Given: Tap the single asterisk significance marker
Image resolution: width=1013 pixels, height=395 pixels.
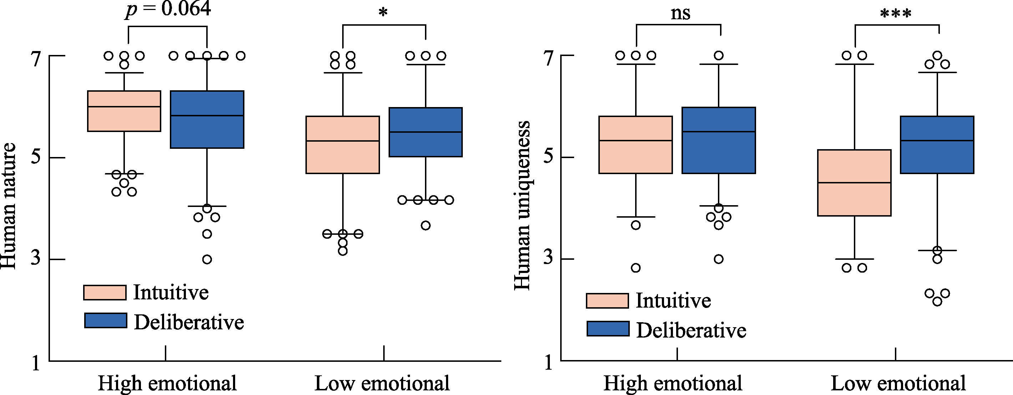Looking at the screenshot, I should pos(383,12).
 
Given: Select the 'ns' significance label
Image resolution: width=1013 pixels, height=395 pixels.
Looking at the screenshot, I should pos(680,13).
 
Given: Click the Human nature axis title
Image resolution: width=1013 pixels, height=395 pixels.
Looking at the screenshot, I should pos(9,206).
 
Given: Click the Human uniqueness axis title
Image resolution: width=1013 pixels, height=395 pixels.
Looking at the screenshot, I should pos(522,206).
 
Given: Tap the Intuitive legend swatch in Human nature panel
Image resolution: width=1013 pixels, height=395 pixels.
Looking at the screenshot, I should pos(105,293).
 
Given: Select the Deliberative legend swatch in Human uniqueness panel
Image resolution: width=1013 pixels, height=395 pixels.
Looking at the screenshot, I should pos(608,329).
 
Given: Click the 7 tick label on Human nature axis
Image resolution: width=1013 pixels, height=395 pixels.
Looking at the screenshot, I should pos(36,59).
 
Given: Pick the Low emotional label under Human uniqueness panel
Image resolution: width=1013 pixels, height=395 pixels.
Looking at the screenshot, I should pos(898,383).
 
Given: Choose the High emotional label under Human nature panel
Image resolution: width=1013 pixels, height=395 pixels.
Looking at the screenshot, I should pos(167,383).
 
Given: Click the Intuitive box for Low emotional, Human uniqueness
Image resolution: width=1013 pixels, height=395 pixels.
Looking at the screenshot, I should pos(854,183).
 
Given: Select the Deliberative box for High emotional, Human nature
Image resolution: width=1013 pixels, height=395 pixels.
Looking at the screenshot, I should pos(207,120).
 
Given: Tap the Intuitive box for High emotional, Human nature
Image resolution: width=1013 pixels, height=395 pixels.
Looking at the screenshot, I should pos(124,111).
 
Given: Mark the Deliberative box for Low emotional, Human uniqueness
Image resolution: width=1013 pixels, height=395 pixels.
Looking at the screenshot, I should pos(937,145).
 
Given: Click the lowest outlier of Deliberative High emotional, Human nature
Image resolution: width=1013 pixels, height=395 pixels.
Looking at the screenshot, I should pos(207,259).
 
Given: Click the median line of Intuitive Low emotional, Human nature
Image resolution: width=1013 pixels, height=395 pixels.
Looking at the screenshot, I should pos(343,141).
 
